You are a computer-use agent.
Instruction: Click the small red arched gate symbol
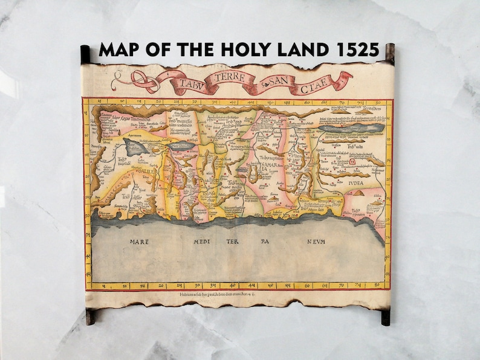pyautogui.click(x=352, y=161)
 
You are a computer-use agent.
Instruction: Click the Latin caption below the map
pyautogui.click(x=237, y=294)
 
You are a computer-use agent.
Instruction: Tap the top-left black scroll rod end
pyautogui.click(x=85, y=54)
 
